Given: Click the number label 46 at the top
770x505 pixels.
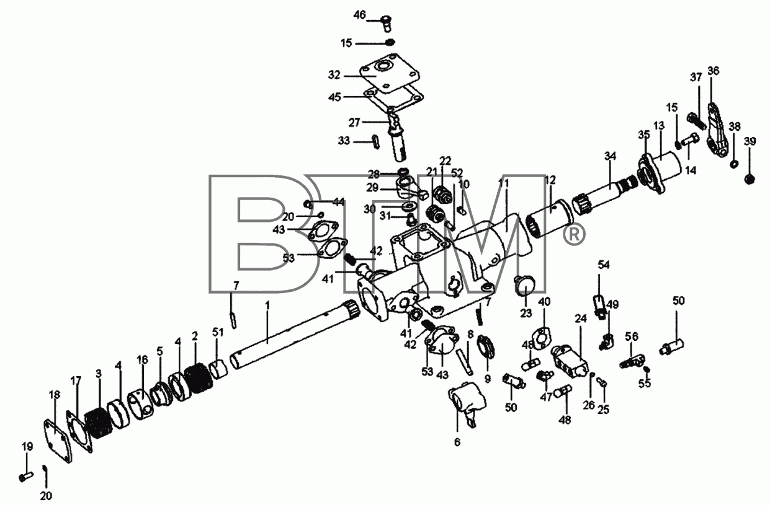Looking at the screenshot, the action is pyautogui.click(x=360, y=15).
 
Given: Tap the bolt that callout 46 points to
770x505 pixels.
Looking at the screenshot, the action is pyautogui.click(x=387, y=22).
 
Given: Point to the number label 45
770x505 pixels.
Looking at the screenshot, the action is pyautogui.click(x=334, y=97).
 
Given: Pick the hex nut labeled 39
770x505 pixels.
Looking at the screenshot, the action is pyautogui.click(x=750, y=179).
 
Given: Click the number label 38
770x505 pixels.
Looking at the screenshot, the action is pyautogui.click(x=735, y=126).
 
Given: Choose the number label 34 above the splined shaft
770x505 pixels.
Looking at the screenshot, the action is pyautogui.click(x=611, y=156).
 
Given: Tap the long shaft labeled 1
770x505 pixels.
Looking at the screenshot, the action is pyautogui.click(x=296, y=334).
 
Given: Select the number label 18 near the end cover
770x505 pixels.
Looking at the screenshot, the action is pyautogui.click(x=55, y=395).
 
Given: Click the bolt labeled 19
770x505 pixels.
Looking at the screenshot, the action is pyautogui.click(x=26, y=476).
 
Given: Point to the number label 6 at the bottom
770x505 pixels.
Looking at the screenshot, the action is pyautogui.click(x=457, y=442).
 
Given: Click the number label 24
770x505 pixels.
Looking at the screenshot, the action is pyautogui.click(x=581, y=319).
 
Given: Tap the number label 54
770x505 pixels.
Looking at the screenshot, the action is pyautogui.click(x=604, y=265).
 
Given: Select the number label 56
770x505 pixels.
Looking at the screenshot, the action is pyautogui.click(x=632, y=337).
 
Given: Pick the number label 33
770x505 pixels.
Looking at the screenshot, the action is pyautogui.click(x=344, y=141).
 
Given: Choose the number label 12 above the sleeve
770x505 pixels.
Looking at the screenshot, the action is pyautogui.click(x=550, y=180).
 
